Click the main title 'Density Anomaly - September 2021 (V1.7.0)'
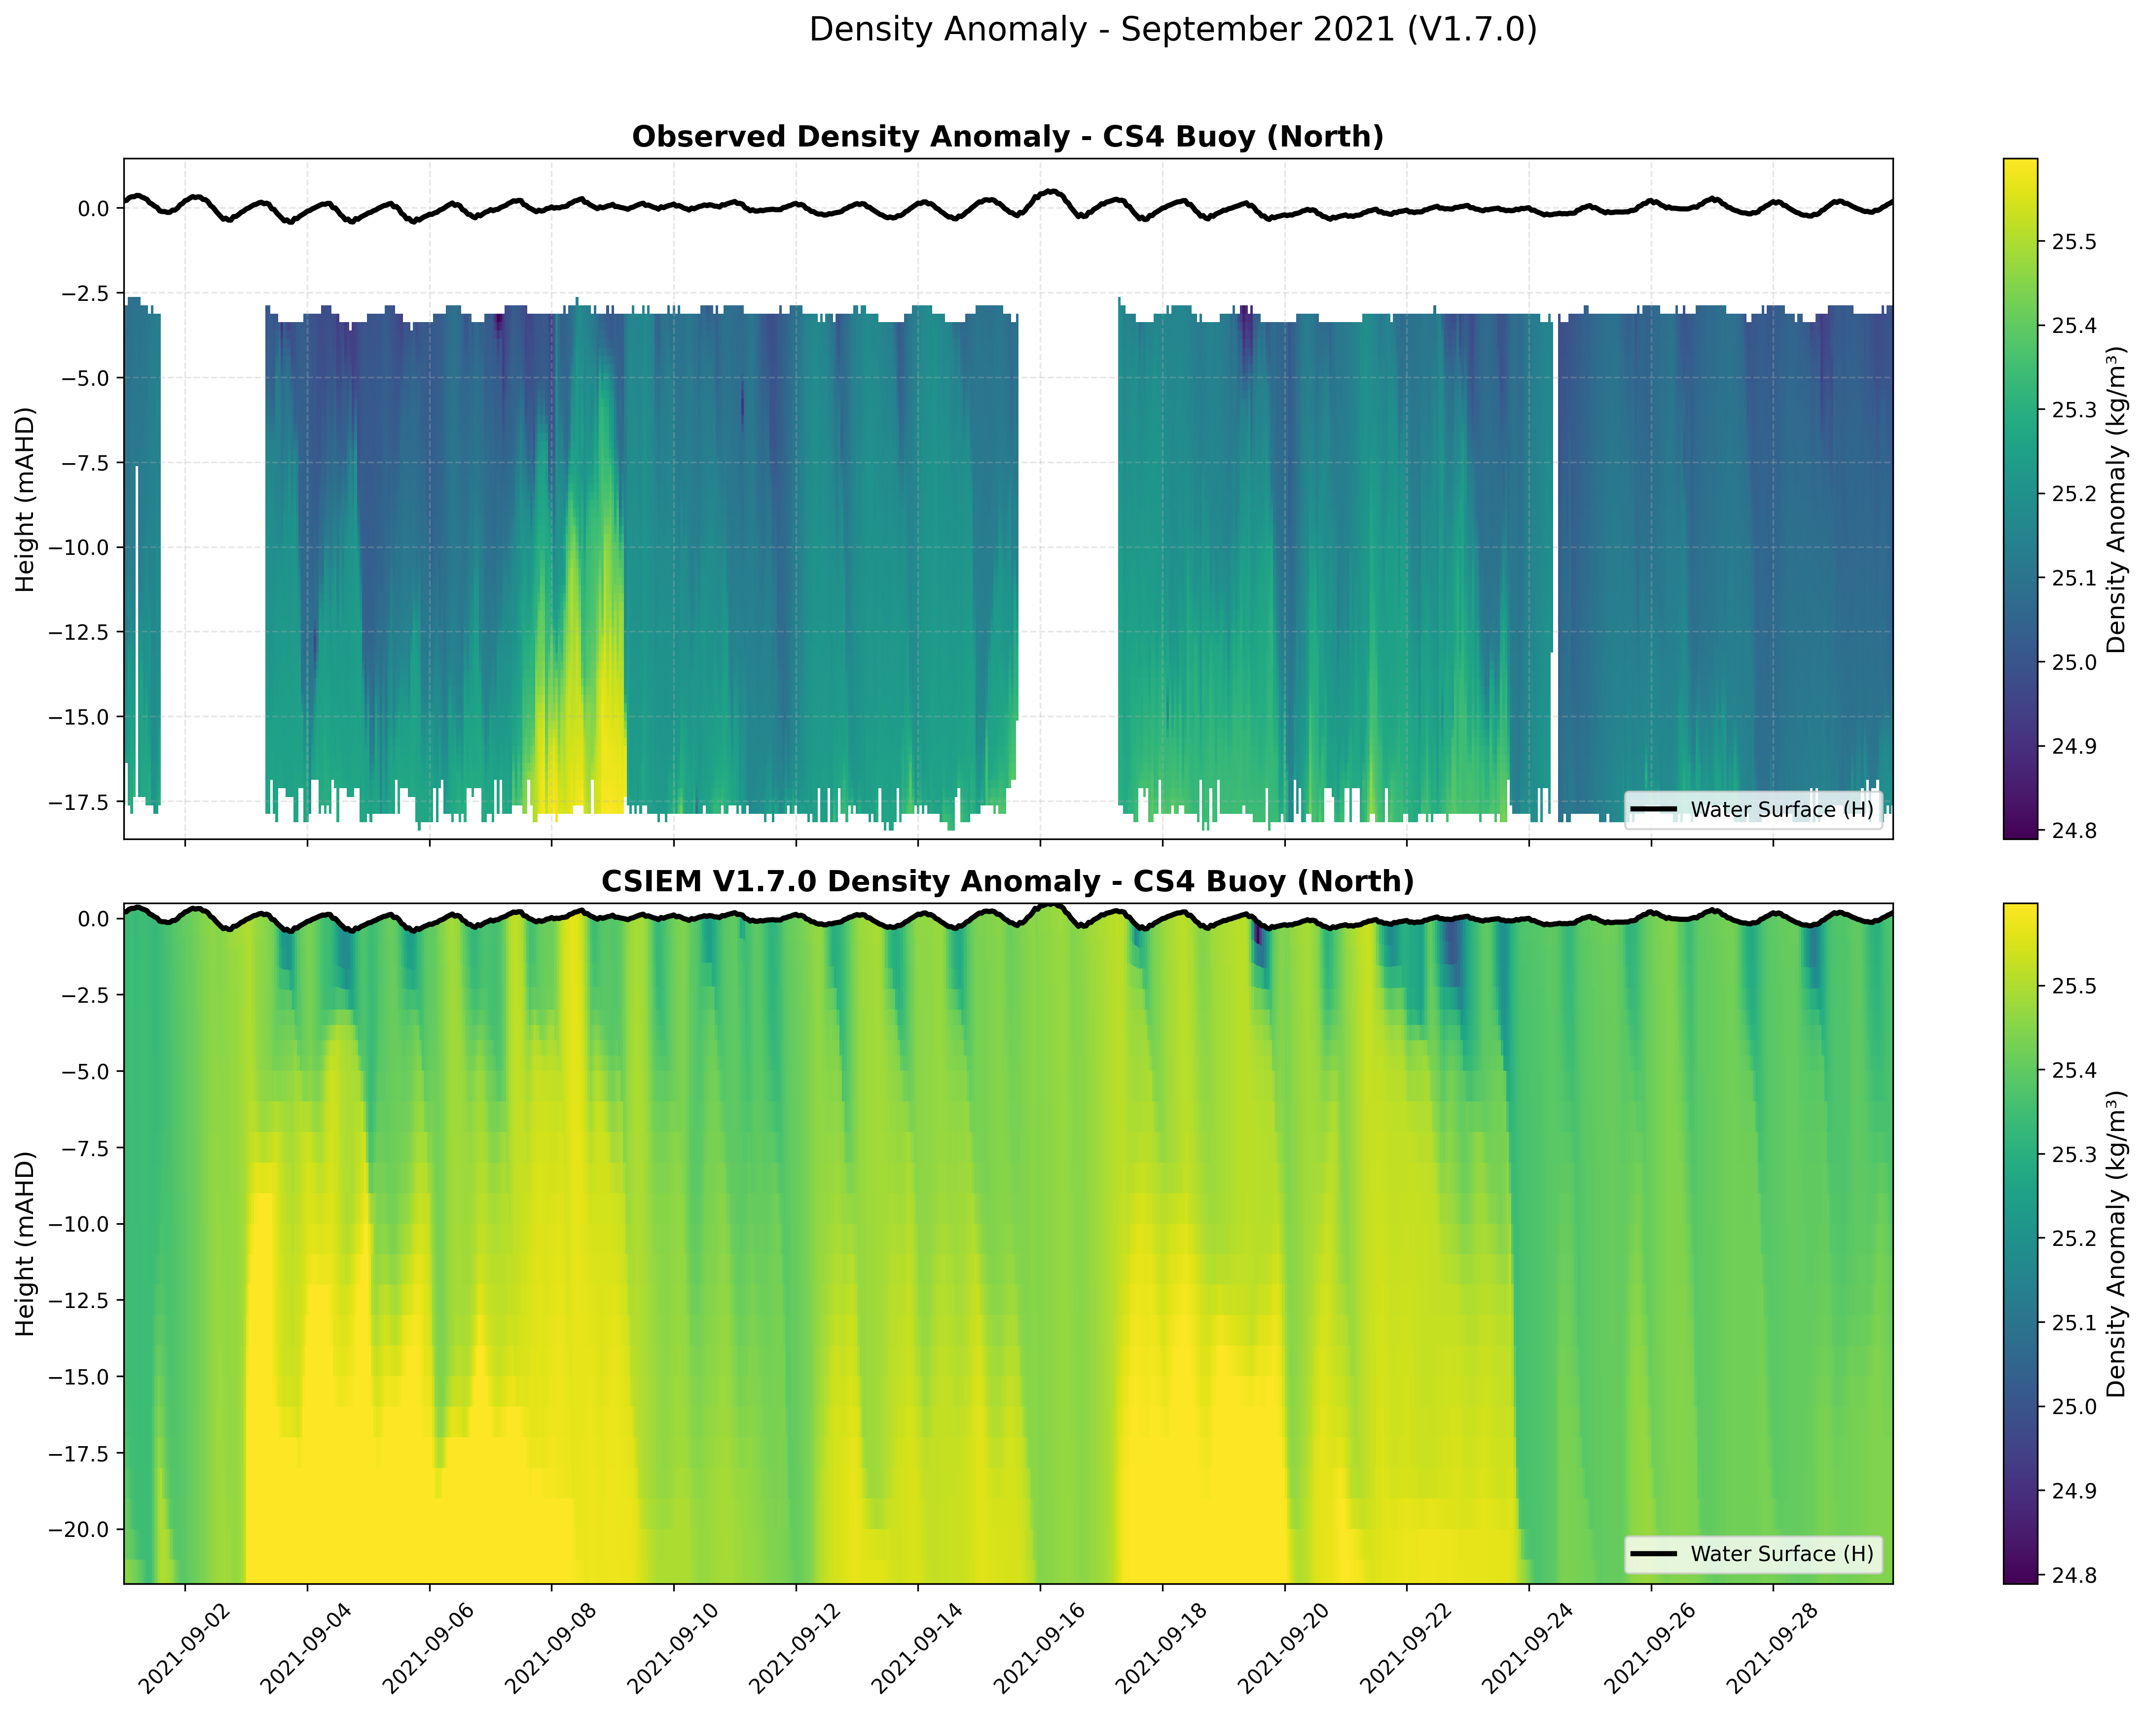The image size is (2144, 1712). (1172, 30)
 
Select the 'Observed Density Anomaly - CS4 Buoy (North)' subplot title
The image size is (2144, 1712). (1007, 137)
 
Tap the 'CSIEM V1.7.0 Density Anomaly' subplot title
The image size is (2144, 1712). (1007, 882)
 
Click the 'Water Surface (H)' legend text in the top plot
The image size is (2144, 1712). (1781, 810)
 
